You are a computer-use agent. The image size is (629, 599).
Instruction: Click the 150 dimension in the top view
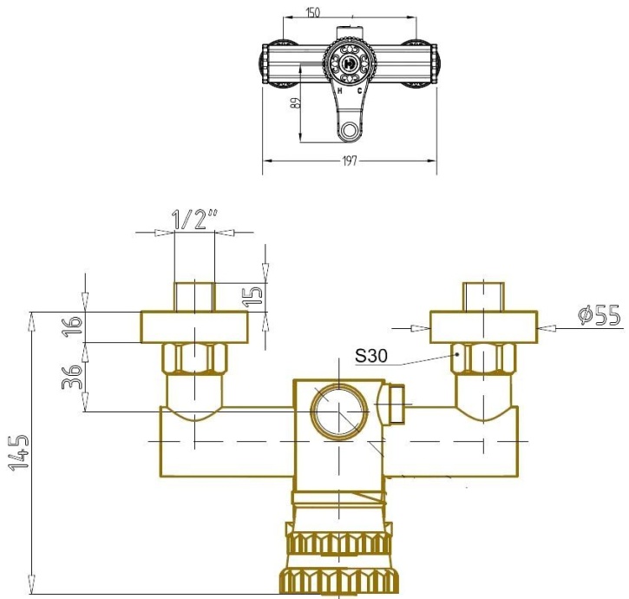(x=312, y=12)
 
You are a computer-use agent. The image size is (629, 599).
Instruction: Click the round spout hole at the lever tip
(x=350, y=131)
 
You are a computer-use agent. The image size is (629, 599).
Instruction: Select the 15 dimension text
(x=252, y=294)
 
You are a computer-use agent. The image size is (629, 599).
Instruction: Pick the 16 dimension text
(x=75, y=326)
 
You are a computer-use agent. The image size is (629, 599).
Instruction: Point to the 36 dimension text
(x=75, y=376)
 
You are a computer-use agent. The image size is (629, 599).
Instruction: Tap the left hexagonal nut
(x=195, y=357)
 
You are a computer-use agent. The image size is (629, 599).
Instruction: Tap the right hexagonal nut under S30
(x=483, y=357)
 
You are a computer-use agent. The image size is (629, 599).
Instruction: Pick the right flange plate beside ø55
(x=483, y=327)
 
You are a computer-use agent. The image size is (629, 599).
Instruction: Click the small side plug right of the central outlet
(x=395, y=405)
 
